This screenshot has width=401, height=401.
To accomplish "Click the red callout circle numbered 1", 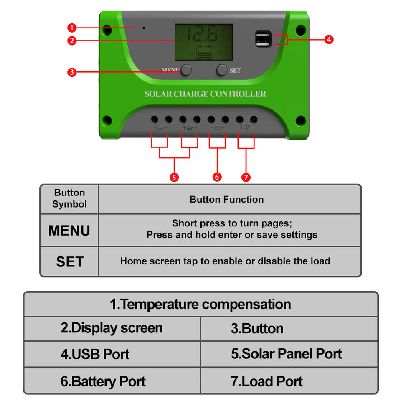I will click(72, 28).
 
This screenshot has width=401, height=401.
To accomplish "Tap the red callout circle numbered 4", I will click(329, 40).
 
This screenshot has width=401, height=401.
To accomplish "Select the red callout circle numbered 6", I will click(217, 177).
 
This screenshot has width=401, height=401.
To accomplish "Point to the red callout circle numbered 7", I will click(246, 177).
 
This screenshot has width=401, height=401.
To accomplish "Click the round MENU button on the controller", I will click(186, 70).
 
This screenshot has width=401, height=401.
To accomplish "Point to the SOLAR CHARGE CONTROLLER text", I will click(205, 94).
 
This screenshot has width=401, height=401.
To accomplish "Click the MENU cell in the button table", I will click(69, 231).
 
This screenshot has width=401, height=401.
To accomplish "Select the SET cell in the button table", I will click(69, 261).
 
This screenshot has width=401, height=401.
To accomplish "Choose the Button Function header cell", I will click(226, 200).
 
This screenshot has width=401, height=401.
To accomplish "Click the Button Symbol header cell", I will click(69, 199).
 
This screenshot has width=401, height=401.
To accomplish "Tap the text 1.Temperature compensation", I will click(200, 304).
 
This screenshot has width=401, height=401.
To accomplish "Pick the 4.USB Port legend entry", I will click(95, 354).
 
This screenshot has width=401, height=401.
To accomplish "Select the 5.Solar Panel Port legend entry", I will click(287, 354).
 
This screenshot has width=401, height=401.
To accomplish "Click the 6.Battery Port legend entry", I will click(103, 381).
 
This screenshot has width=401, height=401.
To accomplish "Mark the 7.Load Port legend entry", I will click(267, 381).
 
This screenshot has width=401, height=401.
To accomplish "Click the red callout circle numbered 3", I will click(72, 72).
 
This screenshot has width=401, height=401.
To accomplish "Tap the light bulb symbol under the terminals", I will click(246, 127).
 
